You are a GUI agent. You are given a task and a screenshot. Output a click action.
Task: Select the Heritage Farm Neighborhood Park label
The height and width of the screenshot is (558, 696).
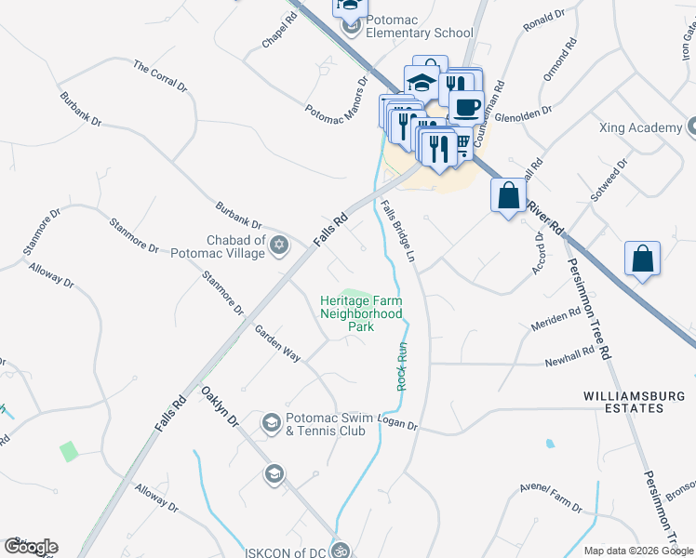click(x=361, y=313)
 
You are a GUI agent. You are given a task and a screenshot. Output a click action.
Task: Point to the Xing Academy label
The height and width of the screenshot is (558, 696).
click(x=642, y=127)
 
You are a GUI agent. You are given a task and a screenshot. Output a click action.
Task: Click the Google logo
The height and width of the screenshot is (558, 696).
click(x=31, y=547)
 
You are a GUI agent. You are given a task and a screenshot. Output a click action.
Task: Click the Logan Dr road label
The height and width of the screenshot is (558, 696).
click(x=400, y=424)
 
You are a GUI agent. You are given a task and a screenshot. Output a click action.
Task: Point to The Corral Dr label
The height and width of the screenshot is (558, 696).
click(x=161, y=75)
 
